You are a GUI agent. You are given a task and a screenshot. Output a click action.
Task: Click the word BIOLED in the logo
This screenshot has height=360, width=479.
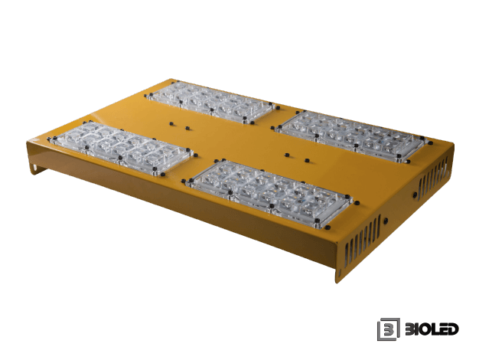(x=432, y=329)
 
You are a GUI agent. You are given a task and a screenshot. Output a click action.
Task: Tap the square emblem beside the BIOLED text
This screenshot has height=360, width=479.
(x=389, y=329)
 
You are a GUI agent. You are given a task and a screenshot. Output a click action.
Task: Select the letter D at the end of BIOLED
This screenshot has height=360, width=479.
(x=453, y=329)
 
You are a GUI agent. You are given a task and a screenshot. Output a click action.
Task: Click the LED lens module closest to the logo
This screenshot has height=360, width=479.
(x=269, y=193)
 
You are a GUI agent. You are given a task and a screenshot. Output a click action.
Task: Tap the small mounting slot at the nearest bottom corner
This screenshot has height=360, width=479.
(x=338, y=272)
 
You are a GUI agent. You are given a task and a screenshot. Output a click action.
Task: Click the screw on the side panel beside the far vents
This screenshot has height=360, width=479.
(x=415, y=195)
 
